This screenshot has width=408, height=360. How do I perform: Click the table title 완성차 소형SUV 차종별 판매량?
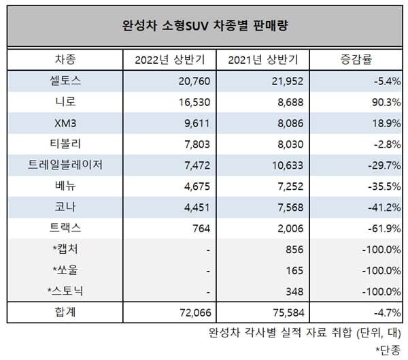click(x=203, y=27)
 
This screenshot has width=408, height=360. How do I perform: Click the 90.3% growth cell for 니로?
click(x=385, y=101)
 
